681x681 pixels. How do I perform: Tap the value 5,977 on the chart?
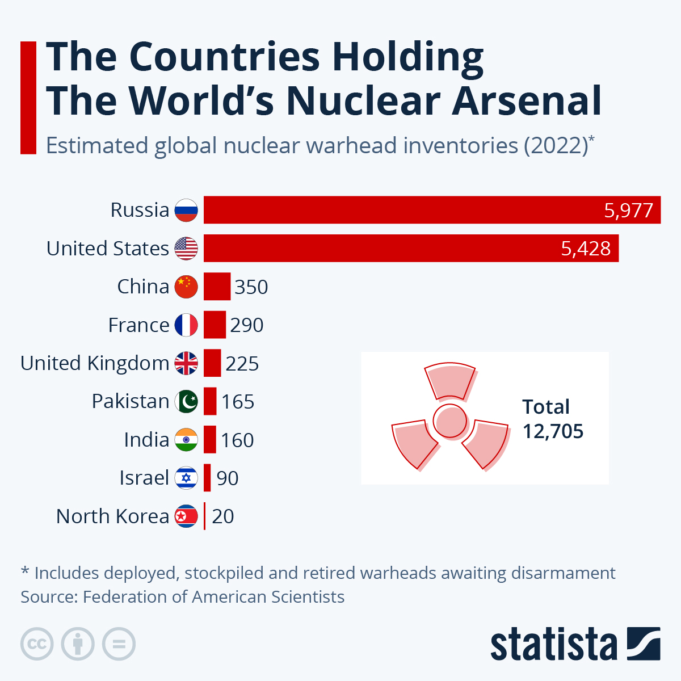pyautogui.click(x=629, y=211)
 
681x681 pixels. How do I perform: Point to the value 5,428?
pyautogui.click(x=586, y=249)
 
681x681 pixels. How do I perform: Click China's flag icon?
pyautogui.click(x=186, y=287)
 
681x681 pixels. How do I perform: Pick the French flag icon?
pyautogui.click(x=186, y=325)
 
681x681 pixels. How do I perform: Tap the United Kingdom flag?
pyautogui.click(x=186, y=363)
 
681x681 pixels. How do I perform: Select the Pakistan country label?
pyautogui.click(x=131, y=401)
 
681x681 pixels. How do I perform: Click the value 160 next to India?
pyautogui.click(x=237, y=440)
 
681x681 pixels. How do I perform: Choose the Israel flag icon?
pyautogui.click(x=186, y=478)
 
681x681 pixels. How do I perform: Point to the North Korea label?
pyautogui.click(x=112, y=516)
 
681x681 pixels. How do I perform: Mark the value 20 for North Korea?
pyautogui.click(x=222, y=516)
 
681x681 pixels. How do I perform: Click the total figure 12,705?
pyautogui.click(x=553, y=431)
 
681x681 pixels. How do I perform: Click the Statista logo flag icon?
pyautogui.click(x=644, y=644)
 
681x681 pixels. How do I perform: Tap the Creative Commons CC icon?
pyautogui.click(x=37, y=644)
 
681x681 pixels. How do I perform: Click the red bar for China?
pyautogui.click(x=217, y=287)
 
